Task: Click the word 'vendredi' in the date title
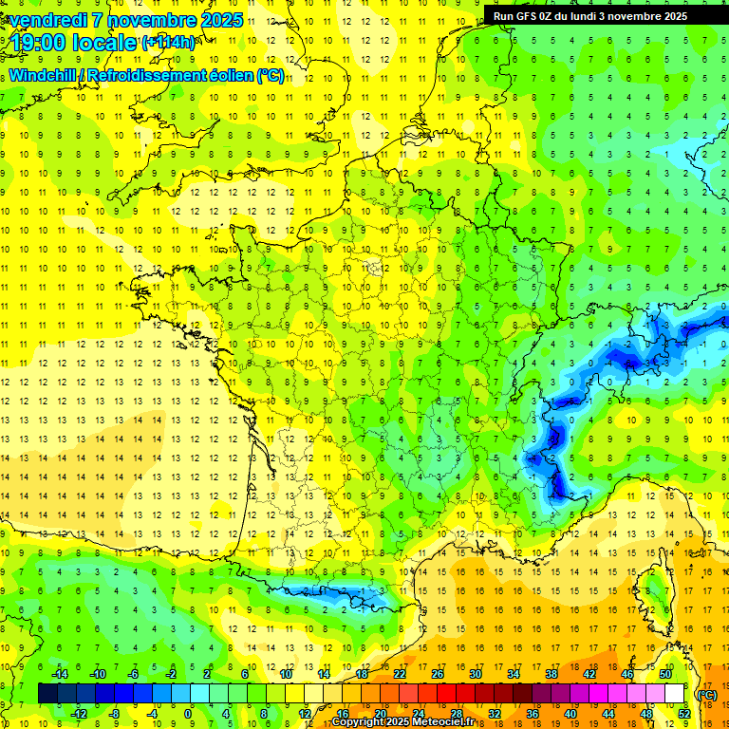coord(48,20)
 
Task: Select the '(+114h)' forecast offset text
coord(168,43)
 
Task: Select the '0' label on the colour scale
coord(188,714)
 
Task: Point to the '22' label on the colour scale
coord(400,674)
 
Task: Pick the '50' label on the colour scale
coord(665,674)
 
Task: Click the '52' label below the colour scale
coord(684,714)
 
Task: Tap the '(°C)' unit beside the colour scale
coord(707,694)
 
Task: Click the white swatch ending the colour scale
coord(675,694)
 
